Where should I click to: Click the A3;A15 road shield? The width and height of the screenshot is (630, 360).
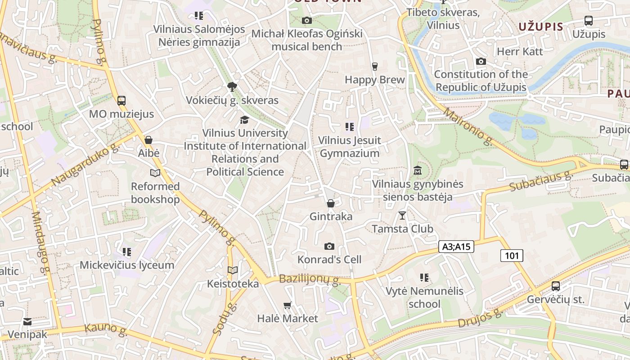point(456,247)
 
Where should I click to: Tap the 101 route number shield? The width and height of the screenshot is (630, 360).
point(512,256)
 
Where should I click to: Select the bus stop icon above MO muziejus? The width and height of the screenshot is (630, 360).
point(121,101)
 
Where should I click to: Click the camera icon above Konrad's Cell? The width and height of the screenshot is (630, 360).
point(329,246)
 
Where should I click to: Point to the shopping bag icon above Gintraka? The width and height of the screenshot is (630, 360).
point(331,203)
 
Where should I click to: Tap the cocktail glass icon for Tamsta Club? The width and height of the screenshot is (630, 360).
point(402,216)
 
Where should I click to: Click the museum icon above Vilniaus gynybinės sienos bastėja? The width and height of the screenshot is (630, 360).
point(417,171)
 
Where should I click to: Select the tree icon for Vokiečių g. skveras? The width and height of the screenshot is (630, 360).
point(232,87)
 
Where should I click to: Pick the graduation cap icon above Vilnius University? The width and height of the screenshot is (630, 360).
point(244,120)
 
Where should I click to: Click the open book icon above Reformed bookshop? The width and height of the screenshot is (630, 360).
point(155,173)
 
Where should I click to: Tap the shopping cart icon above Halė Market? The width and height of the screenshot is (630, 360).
point(288,305)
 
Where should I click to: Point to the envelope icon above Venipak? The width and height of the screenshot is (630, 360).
point(27,321)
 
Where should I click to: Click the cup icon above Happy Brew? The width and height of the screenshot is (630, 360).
point(374,67)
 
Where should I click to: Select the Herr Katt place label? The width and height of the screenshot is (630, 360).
point(520,51)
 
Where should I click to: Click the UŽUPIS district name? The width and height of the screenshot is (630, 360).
point(540,27)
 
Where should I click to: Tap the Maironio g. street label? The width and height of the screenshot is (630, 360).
point(468,126)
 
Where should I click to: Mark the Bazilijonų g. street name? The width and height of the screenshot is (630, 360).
point(309,279)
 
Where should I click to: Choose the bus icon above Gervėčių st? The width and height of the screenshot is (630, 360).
point(556,286)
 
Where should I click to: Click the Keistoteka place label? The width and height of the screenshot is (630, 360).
point(233,283)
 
